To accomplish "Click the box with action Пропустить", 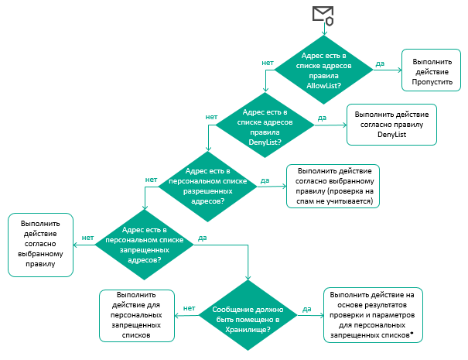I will pyautogui.click(x=432, y=70).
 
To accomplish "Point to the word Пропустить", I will pyautogui.click(x=432, y=81).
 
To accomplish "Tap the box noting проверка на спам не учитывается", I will pyautogui.click(x=335, y=186).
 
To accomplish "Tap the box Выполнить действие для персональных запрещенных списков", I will pyautogui.click(x=138, y=315).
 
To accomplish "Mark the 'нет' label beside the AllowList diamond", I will pyautogui.click(x=268, y=61).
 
